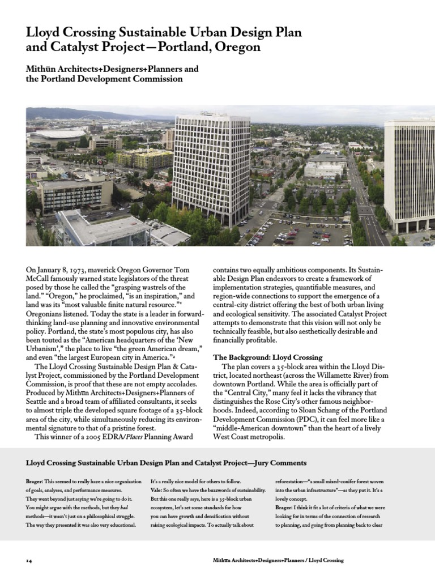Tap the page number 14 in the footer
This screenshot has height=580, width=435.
[x=28, y=561]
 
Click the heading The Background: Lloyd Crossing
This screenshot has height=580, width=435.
[x=267, y=357]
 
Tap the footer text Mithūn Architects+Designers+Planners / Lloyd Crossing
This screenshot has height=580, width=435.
[x=277, y=561]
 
